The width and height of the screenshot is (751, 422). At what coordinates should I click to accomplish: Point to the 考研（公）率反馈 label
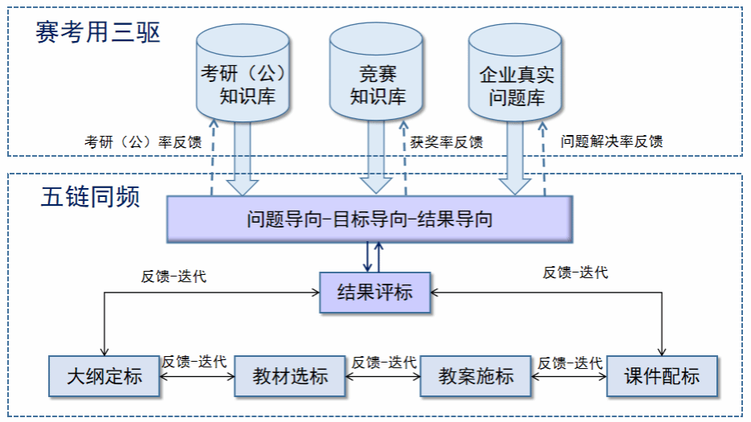click(x=143, y=142)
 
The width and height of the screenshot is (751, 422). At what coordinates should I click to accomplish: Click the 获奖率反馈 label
click(x=447, y=142)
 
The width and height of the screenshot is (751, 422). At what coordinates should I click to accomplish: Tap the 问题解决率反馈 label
click(x=612, y=141)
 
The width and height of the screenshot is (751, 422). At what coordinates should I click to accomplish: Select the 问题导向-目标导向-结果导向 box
click(x=369, y=219)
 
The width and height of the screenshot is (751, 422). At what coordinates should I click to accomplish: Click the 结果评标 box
click(x=375, y=292)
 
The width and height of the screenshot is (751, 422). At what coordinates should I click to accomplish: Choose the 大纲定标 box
click(x=104, y=375)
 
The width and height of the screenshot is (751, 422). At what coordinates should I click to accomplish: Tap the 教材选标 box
click(x=289, y=375)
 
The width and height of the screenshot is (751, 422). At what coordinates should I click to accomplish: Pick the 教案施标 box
click(x=475, y=375)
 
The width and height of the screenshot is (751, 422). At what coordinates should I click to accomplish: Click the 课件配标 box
click(x=661, y=375)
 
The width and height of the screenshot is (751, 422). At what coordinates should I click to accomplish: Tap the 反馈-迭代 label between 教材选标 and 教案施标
click(x=384, y=362)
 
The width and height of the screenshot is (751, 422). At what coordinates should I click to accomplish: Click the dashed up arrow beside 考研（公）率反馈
click(x=212, y=157)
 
